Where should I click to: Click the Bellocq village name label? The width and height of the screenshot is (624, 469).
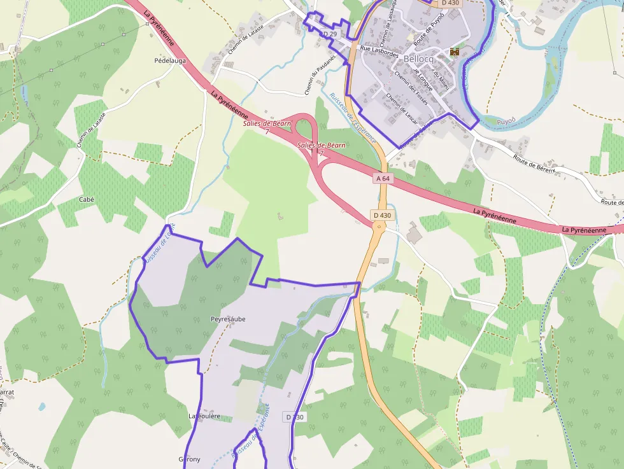tap(418, 59)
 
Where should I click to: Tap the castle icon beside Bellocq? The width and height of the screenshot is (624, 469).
tap(454, 51)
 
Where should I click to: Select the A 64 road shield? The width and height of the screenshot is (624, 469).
tap(383, 179)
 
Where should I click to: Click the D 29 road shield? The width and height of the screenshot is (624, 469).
tap(329, 33)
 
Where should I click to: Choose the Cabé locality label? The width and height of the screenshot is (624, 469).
tap(86, 199)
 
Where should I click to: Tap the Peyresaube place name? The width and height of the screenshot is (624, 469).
tap(228, 319)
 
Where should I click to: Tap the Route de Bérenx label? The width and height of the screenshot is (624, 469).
tap(534, 164)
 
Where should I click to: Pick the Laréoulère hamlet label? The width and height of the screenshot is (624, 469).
tap(204, 416)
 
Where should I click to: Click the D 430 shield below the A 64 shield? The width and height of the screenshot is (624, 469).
tap(383, 215)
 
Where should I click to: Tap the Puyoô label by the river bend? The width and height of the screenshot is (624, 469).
tap(506, 120)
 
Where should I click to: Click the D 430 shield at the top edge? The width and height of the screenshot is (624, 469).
tap(450, 3)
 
